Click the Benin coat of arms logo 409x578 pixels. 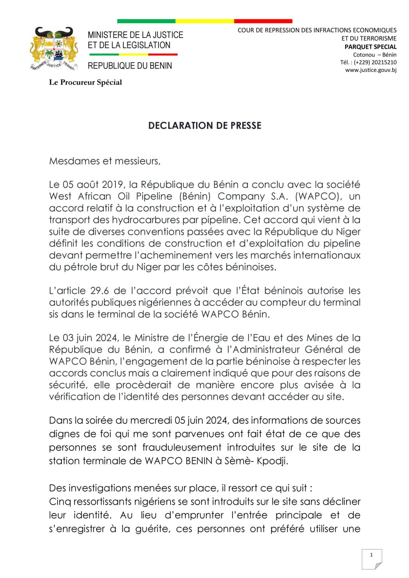point(54,49)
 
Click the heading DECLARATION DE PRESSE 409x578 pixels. point(204,125)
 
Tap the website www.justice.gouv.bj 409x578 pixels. point(371,70)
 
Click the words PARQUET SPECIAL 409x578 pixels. point(370,47)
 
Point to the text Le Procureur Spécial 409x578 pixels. point(85,82)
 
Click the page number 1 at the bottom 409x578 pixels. point(371,555)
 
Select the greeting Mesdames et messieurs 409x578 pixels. point(105,161)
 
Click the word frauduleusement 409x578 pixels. point(182,447)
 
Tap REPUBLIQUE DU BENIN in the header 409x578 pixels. point(130,66)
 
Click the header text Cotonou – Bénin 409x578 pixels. point(375,55)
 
